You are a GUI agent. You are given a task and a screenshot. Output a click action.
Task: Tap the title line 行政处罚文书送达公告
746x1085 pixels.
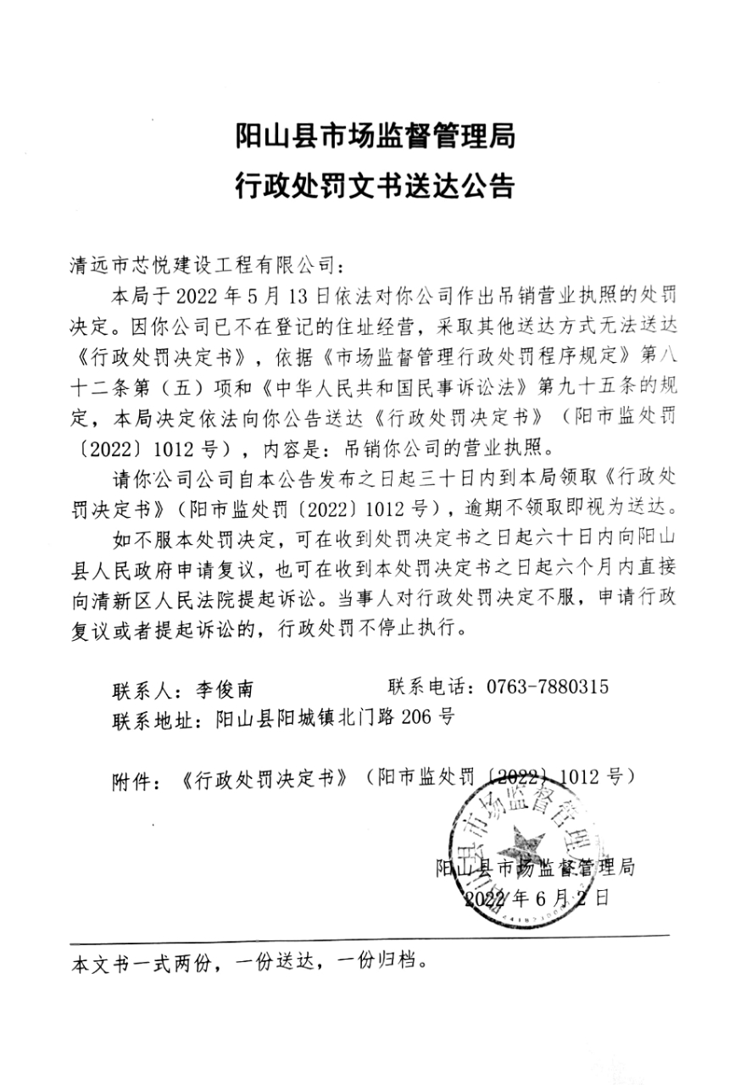[374, 186]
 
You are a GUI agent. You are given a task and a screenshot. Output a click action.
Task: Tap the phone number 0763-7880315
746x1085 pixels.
[547, 687]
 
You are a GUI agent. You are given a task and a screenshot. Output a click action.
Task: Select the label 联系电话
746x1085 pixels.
[425, 687]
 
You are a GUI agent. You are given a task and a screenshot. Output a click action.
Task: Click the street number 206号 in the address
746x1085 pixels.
[429, 717]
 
